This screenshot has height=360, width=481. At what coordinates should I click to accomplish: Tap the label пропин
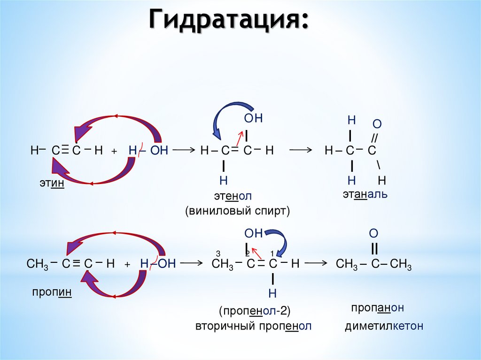(52, 292)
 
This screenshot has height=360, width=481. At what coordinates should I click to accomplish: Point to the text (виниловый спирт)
(237, 211)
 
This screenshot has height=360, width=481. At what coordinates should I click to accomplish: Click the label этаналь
(364, 194)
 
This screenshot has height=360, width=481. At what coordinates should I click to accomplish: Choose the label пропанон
(378, 308)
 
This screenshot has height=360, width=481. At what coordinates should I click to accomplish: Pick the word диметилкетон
(384, 326)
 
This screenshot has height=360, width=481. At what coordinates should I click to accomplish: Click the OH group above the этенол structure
(253, 119)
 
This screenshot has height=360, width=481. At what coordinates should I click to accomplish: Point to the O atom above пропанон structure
(373, 233)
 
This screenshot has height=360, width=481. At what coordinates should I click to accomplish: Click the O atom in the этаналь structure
(377, 124)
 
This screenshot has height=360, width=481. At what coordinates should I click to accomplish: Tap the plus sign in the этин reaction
(114, 152)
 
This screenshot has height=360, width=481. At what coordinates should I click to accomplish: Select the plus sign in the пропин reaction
(127, 265)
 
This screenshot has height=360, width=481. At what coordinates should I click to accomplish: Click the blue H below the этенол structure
(223, 180)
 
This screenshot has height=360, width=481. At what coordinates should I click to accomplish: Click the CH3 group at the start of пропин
(35, 264)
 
